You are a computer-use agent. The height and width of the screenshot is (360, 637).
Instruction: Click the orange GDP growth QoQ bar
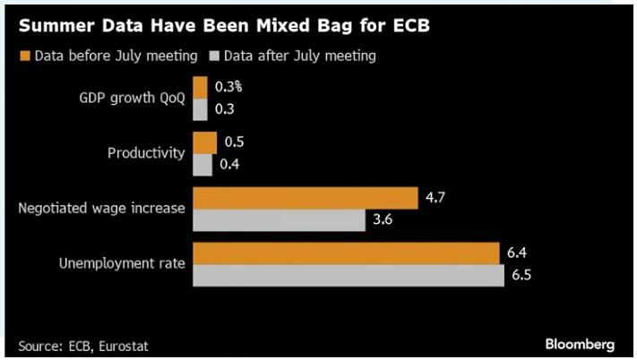pos(200,88)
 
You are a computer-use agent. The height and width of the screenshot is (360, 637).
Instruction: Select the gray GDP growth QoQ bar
pos(200,109)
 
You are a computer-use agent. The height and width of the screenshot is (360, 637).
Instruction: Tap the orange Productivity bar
pos(204,142)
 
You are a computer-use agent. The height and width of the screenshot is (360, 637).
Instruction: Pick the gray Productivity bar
pos(202,165)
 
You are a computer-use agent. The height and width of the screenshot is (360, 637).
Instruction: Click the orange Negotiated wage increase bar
pos(306,198)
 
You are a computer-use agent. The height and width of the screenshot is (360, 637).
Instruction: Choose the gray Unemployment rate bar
pos(349,276)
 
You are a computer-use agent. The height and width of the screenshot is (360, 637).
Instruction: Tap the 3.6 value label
pos(383,220)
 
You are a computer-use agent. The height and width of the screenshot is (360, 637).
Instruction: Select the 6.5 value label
pos(521,276)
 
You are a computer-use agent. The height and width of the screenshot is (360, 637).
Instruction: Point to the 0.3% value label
pos(228,88)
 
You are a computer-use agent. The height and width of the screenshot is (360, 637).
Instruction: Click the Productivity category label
pos(146,153)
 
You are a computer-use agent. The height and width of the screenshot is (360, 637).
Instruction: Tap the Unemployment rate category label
pos(123,264)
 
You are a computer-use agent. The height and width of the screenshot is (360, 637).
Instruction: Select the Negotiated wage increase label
pos(102,209)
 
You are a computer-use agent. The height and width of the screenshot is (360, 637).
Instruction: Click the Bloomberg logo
pos(579,344)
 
